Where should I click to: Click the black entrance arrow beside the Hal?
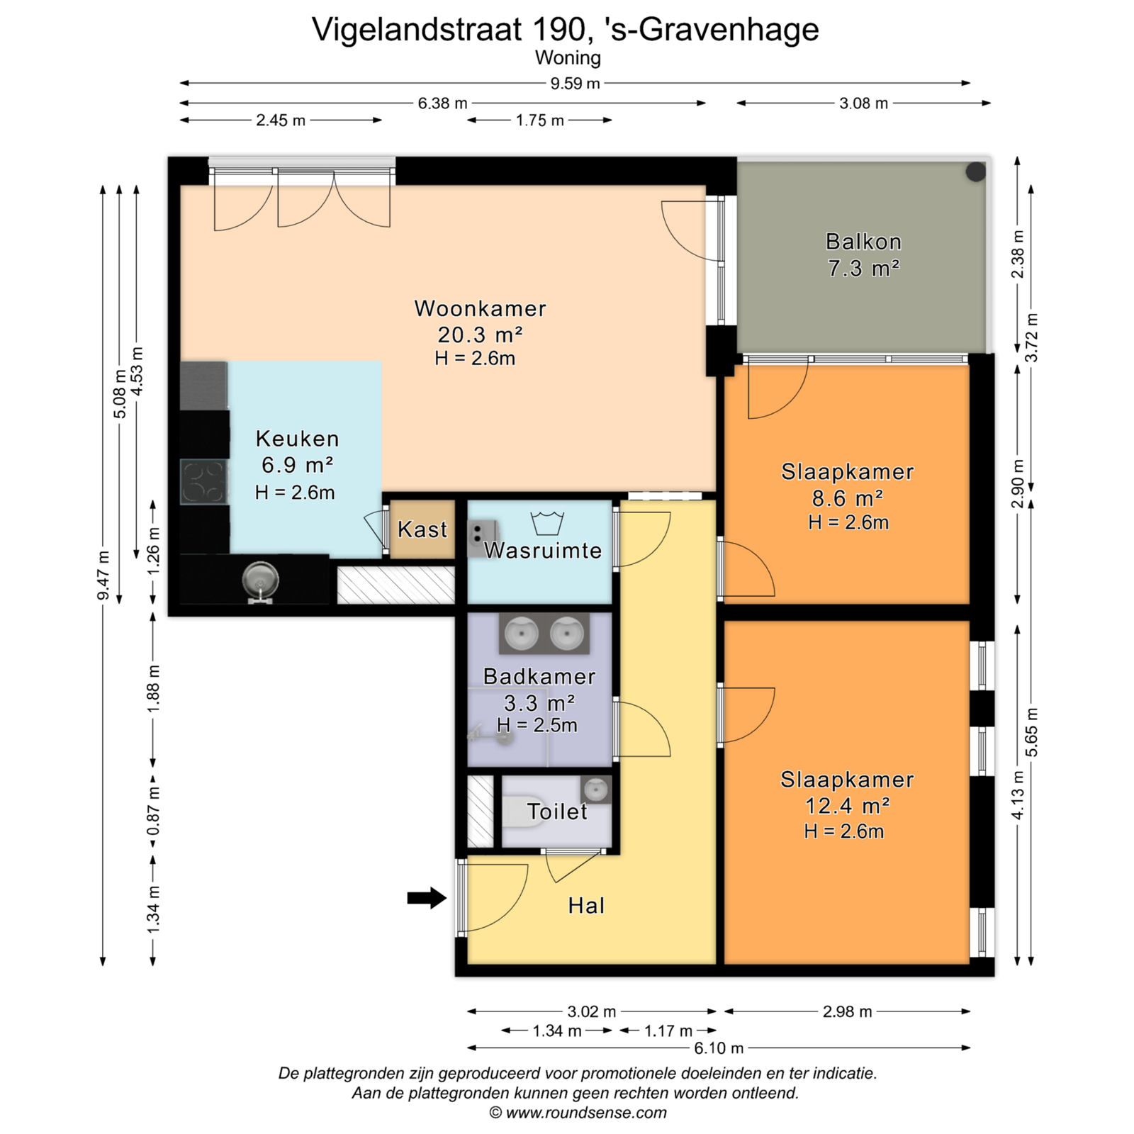coord(427,898)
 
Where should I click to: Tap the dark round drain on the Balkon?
coord(976,171)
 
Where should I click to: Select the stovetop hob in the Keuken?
coord(203,482)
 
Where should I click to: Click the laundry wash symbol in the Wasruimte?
coord(547,523)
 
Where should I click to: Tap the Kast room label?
coord(422,529)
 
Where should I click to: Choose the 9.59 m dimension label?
coord(575,84)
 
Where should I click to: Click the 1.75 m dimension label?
coord(540,120)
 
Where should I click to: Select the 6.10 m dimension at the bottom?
coord(719,1048)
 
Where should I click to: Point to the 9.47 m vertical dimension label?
coord(103,575)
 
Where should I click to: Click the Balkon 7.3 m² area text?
coord(864,269)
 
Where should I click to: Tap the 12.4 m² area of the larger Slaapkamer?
coord(848,806)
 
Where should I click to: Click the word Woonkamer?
coord(481,308)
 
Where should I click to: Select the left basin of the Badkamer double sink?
coord(522,633)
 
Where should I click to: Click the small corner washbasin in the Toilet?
coord(596,789)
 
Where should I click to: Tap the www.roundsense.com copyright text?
coord(578,1113)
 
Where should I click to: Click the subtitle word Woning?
coord(568,57)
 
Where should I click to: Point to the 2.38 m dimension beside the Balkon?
coord(1018,254)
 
